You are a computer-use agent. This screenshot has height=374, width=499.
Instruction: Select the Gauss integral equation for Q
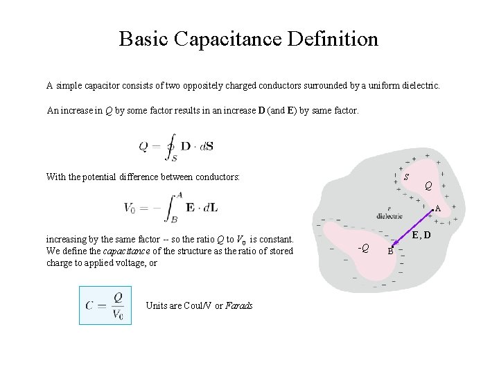[x=177, y=147]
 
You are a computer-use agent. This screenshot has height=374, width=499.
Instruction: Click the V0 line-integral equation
[x=170, y=206]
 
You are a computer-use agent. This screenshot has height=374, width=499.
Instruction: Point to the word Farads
[x=238, y=306]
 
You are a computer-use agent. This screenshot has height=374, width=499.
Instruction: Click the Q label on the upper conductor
[x=429, y=186]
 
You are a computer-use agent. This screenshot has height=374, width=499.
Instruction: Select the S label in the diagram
[x=405, y=179]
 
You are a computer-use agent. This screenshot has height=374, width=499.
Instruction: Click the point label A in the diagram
[x=438, y=208]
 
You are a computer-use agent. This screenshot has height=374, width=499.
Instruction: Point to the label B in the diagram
[x=390, y=252]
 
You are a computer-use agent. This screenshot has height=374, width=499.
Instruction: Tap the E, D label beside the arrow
[x=421, y=236]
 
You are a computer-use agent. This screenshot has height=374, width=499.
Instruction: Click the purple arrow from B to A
[x=412, y=229]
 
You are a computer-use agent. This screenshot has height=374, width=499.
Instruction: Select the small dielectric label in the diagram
[x=389, y=215]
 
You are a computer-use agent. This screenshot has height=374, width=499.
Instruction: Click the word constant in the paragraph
[x=279, y=240]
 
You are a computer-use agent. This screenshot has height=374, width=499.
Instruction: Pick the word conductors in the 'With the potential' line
[x=217, y=177]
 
